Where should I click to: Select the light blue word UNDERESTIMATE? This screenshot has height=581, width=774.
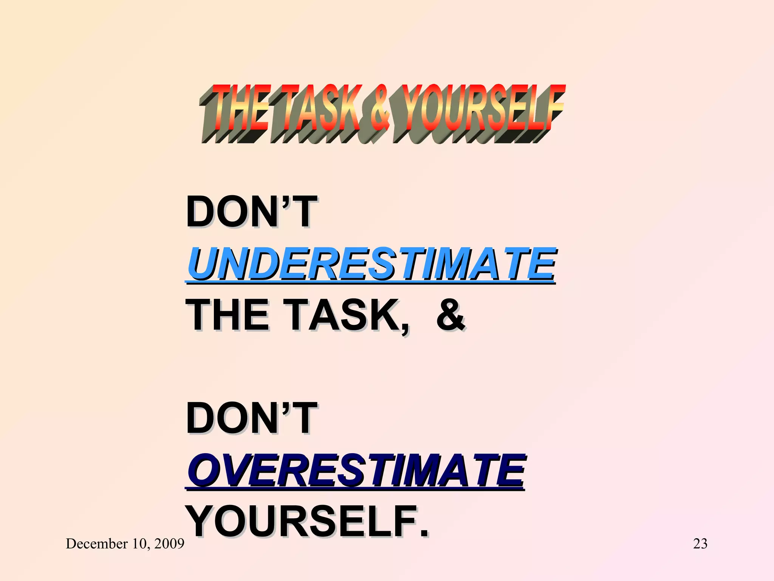point(371,264)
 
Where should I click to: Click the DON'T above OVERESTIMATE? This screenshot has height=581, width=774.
point(251,419)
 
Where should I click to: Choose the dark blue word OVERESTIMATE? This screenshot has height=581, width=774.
point(356,471)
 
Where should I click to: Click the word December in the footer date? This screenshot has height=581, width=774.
point(97,544)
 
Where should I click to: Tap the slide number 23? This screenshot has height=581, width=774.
point(700,544)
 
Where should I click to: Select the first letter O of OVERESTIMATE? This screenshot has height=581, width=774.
point(204,471)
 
